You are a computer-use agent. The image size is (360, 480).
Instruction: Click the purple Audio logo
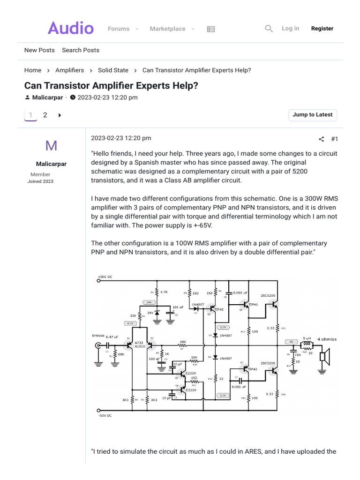(x=71, y=29)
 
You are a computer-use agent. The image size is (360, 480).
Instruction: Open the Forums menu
(x=119, y=29)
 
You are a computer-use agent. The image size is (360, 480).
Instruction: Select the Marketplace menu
(x=167, y=29)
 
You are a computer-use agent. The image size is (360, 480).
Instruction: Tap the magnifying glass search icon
(x=269, y=29)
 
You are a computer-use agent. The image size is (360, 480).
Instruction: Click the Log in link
(x=290, y=29)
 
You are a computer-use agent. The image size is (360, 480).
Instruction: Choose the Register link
(x=322, y=29)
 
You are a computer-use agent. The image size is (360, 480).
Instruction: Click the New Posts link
(x=39, y=50)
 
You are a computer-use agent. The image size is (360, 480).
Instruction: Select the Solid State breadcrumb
(x=113, y=70)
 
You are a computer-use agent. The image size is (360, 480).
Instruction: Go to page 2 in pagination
(x=45, y=115)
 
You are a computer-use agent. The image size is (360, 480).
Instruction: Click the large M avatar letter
(x=51, y=146)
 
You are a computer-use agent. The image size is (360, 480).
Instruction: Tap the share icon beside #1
(x=321, y=139)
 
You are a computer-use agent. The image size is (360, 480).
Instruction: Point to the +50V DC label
(x=105, y=277)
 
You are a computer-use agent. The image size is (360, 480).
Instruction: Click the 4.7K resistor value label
(x=164, y=292)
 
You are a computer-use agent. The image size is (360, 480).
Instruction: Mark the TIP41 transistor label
(x=253, y=305)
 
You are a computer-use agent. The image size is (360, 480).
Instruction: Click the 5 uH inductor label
(x=307, y=338)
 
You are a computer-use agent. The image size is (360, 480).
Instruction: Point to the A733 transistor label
(x=139, y=343)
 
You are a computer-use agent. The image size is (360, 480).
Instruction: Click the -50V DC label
(x=105, y=416)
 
